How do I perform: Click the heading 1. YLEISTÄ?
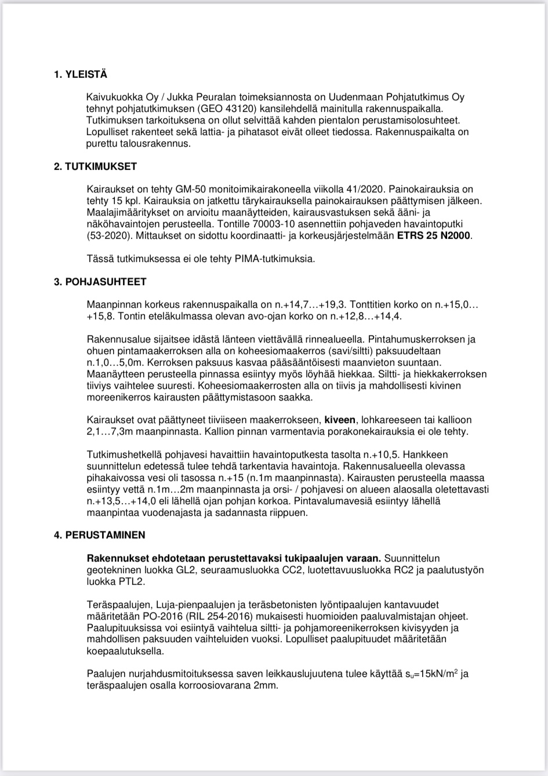click(x=81, y=75)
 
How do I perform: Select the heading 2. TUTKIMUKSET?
click(x=95, y=166)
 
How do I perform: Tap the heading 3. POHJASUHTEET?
click(x=100, y=282)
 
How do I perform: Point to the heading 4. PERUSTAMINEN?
click(x=100, y=535)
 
